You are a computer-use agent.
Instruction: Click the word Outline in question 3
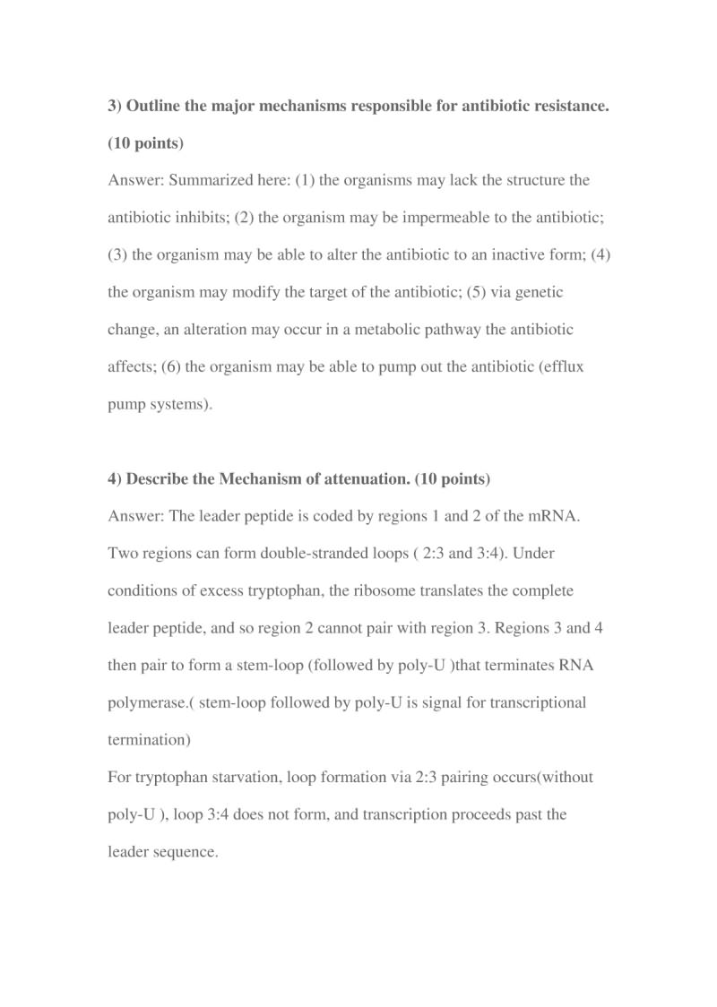[151, 107]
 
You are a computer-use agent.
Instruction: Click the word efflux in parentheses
[561, 367]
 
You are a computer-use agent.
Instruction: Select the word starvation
[244, 778]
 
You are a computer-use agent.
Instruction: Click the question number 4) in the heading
[115, 479]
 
